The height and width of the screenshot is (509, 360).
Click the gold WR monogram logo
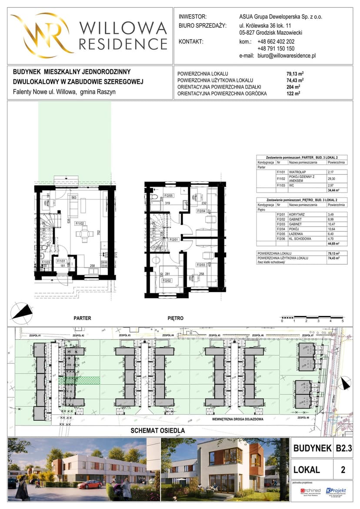click(x=41, y=35)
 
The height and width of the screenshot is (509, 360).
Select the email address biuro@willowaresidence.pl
click(x=287, y=56)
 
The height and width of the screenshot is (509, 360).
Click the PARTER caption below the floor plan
click(x=82, y=318)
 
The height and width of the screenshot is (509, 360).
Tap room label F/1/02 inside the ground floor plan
click(x=80, y=223)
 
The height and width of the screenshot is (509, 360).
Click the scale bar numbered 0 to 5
click(x=312, y=317)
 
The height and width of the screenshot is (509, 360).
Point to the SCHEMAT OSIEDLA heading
click(x=158, y=431)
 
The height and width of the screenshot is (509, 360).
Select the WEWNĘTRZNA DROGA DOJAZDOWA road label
click(x=239, y=420)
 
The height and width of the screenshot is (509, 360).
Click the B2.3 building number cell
click(x=341, y=448)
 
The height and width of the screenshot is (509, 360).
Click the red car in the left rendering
click(x=90, y=485)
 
